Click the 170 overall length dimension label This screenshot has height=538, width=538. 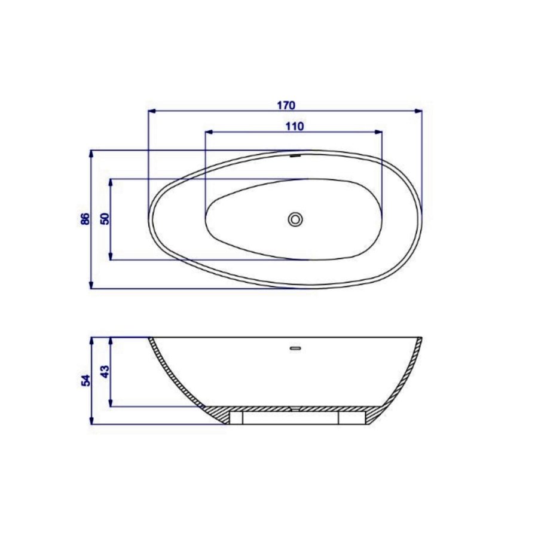[286, 105]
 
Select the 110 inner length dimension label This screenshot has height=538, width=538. [295, 126]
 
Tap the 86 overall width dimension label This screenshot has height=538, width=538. [85, 219]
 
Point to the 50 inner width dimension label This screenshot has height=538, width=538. [105, 219]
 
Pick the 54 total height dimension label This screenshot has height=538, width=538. [85, 380]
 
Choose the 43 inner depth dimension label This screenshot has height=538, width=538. [105, 372]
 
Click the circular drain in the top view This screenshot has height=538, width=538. [295, 219]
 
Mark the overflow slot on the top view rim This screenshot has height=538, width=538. [295, 156]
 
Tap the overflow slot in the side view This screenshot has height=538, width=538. [295, 347]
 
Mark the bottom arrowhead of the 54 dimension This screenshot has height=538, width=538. [91, 420]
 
